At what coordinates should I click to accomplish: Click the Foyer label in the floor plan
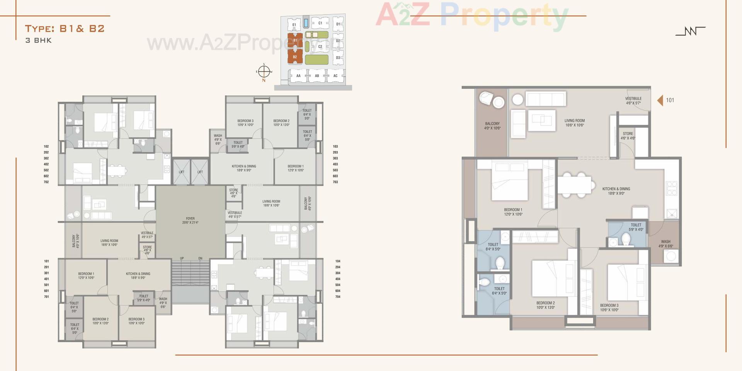pyautogui.click(x=190, y=220)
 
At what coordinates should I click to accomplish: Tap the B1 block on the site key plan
pyautogui.click(x=295, y=40)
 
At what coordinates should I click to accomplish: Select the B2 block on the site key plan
pyautogui.click(x=295, y=57)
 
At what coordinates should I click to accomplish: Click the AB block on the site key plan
pyautogui.click(x=317, y=76)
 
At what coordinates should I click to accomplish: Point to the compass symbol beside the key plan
pyautogui.click(x=264, y=71)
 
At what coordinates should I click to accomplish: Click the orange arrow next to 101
pyautogui.click(x=660, y=100)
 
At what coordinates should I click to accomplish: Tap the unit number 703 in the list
pyautogui.click(x=335, y=182)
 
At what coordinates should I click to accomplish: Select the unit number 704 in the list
pyautogui.click(x=338, y=297)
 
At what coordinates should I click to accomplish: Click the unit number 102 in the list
pyautogui.click(x=46, y=146)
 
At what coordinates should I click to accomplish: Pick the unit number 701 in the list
pyautogui.click(x=46, y=297)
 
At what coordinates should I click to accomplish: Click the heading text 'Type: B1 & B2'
pyautogui.click(x=65, y=29)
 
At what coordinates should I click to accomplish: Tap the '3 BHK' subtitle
pyautogui.click(x=39, y=40)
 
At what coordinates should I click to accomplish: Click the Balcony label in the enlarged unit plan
pyautogui.click(x=492, y=126)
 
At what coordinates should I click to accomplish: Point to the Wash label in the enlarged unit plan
pyautogui.click(x=665, y=244)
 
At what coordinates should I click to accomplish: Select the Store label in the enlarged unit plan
pyautogui.click(x=628, y=136)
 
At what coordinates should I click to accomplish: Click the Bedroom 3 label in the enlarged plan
pyautogui.click(x=609, y=308)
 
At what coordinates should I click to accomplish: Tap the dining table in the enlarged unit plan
pyautogui.click(x=574, y=185)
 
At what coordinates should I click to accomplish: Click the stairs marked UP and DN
pyautogui.click(x=191, y=272)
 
